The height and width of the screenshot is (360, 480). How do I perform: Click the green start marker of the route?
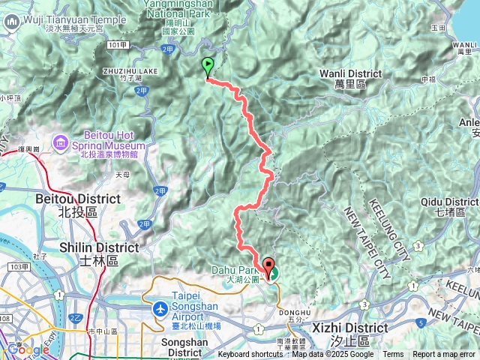[208, 67]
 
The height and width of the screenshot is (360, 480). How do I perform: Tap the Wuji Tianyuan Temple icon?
[12, 22]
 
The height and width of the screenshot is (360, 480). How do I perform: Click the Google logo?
[28, 349]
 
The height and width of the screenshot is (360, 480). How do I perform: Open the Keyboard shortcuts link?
[250, 355]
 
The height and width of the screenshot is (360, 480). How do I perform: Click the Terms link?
[393, 355]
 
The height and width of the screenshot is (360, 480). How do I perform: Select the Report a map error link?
[444, 355]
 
